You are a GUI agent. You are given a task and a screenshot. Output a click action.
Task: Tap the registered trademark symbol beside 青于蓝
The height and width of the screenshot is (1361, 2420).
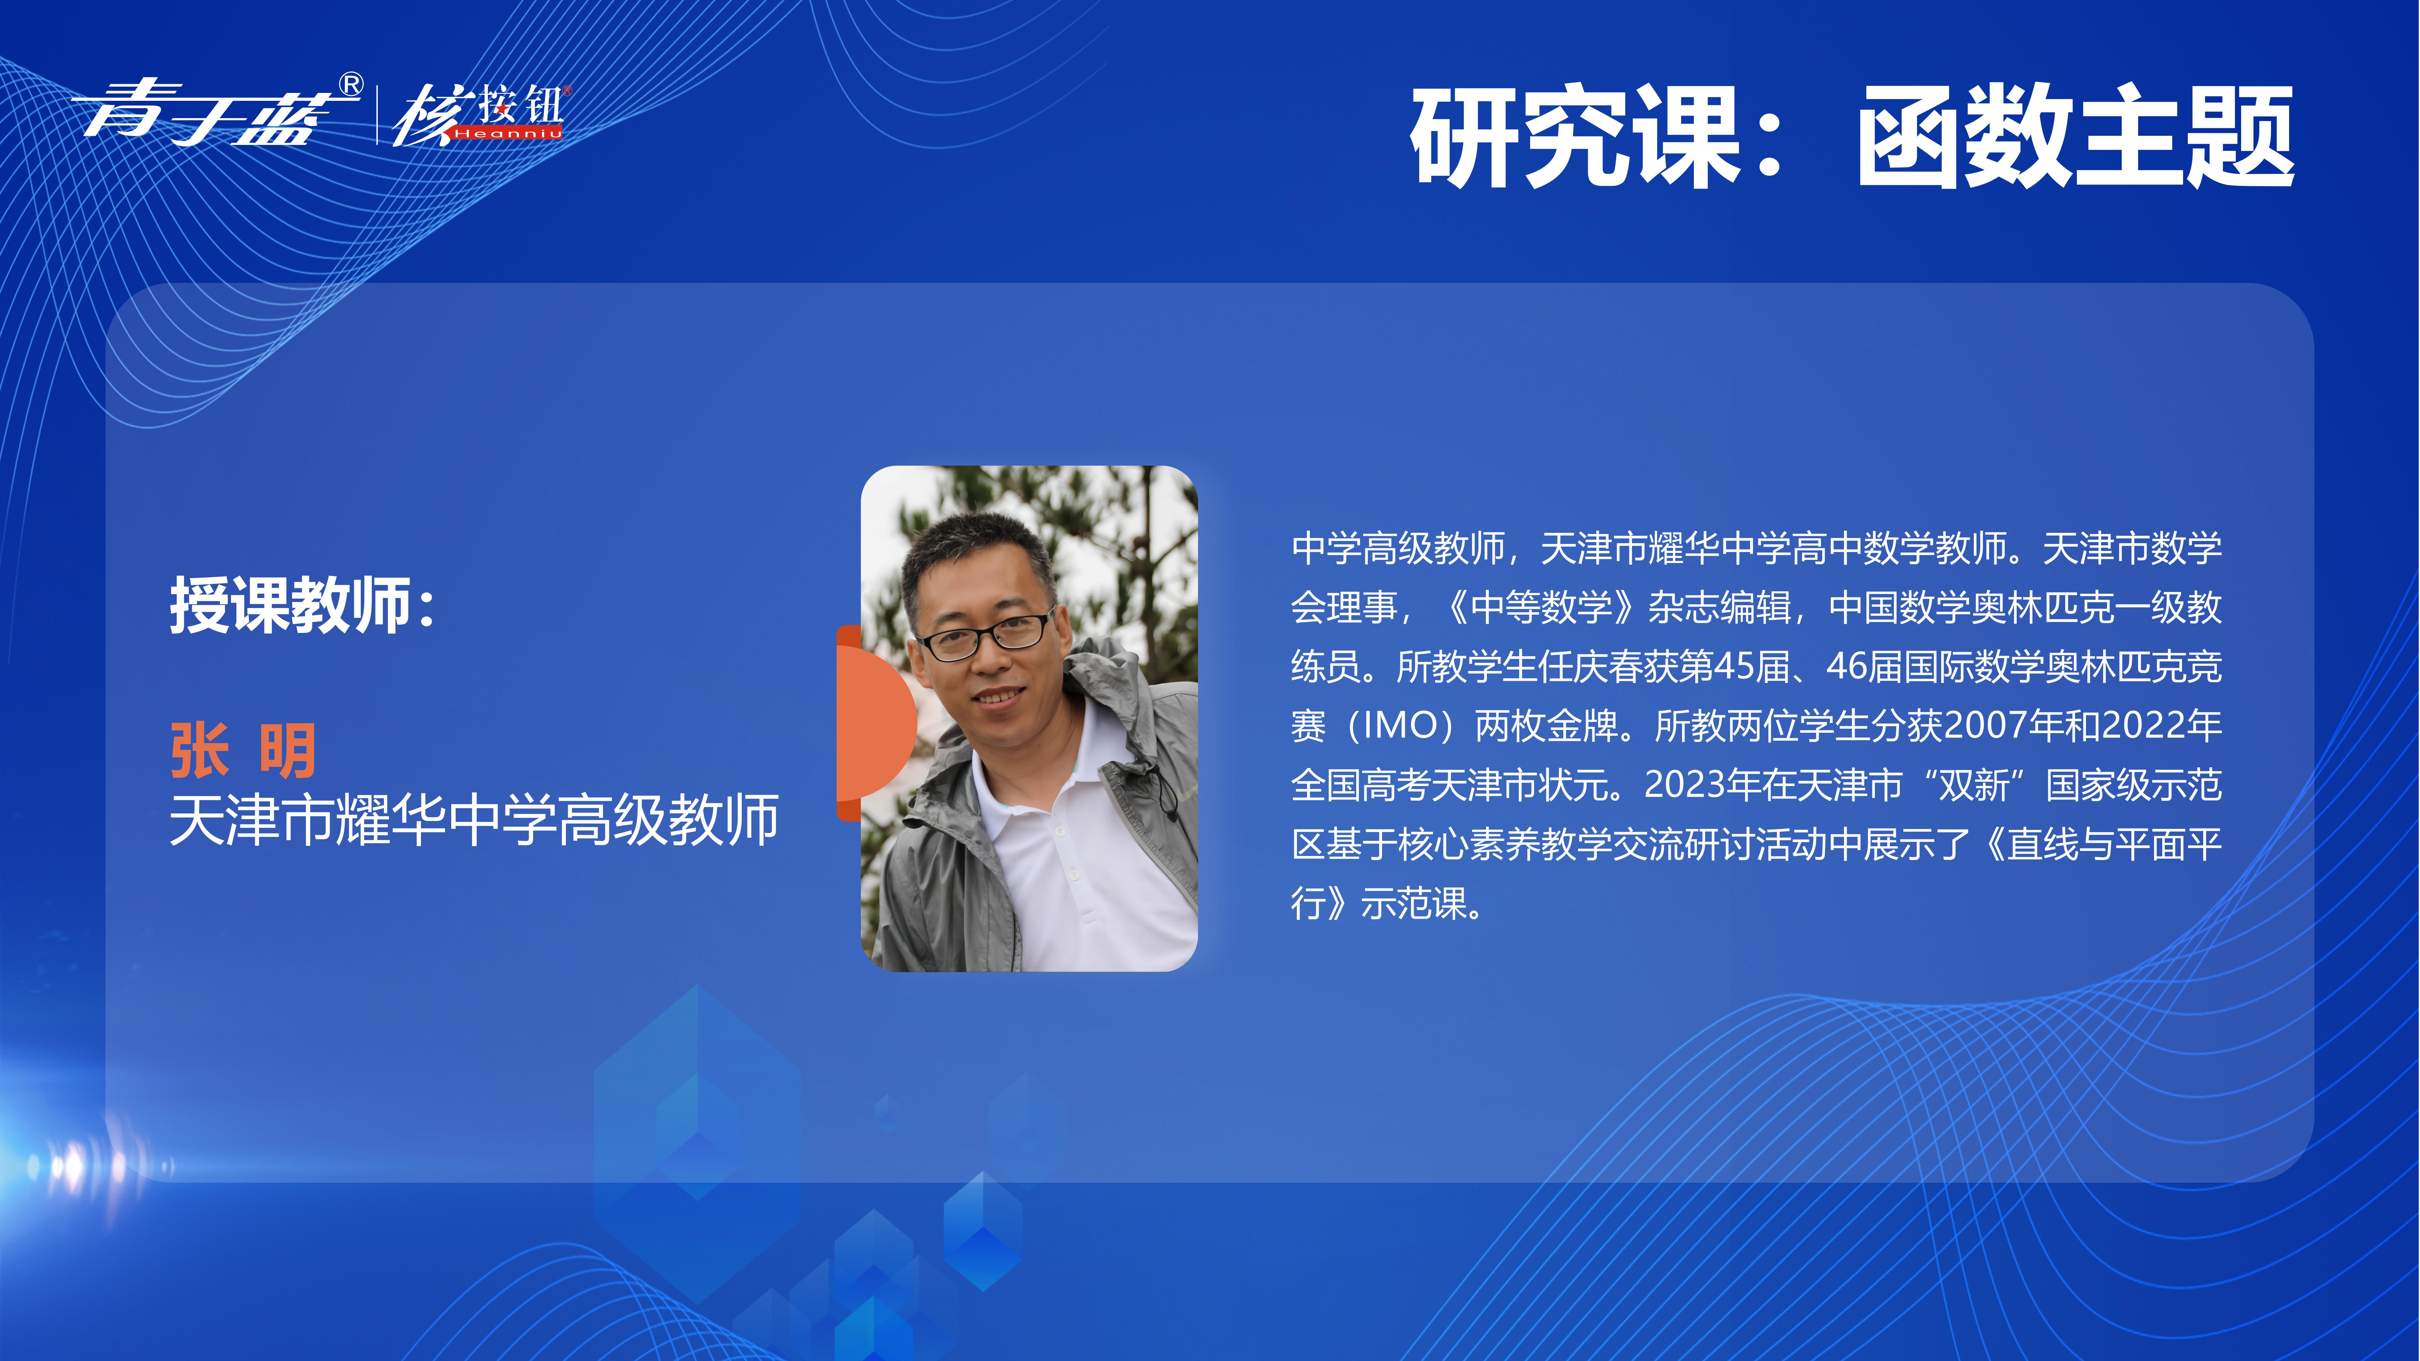point(350,85)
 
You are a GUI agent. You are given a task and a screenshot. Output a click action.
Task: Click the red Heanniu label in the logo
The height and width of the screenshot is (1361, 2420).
point(507,133)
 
